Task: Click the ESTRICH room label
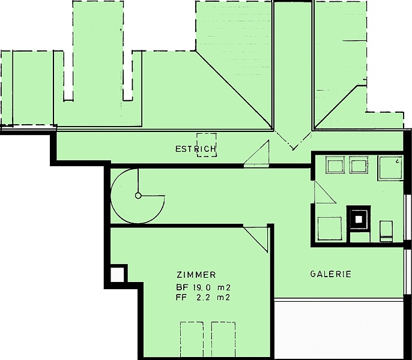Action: (x=196, y=149)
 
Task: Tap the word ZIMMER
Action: (x=196, y=275)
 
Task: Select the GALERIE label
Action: (x=331, y=274)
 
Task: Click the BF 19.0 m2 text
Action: (x=204, y=288)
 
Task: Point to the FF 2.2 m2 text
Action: (x=204, y=298)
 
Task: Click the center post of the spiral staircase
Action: (x=138, y=196)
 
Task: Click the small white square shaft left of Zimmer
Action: (x=117, y=275)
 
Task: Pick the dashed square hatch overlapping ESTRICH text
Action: (x=207, y=145)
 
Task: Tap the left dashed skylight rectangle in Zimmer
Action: (x=192, y=339)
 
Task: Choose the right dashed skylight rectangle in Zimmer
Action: (x=223, y=339)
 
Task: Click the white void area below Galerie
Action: (x=339, y=330)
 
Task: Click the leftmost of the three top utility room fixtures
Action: (x=335, y=165)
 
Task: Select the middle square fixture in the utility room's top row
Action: (x=359, y=165)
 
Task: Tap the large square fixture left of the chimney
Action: (x=330, y=229)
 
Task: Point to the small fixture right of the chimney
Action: (x=386, y=231)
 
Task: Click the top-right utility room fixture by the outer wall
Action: (x=390, y=168)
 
